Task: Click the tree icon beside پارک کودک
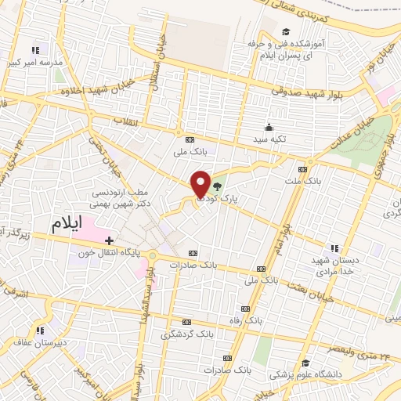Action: click(x=217, y=186)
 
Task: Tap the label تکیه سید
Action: click(x=273, y=139)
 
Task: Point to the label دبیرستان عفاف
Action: click(x=40, y=341)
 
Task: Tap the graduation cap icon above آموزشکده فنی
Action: click(x=287, y=31)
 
